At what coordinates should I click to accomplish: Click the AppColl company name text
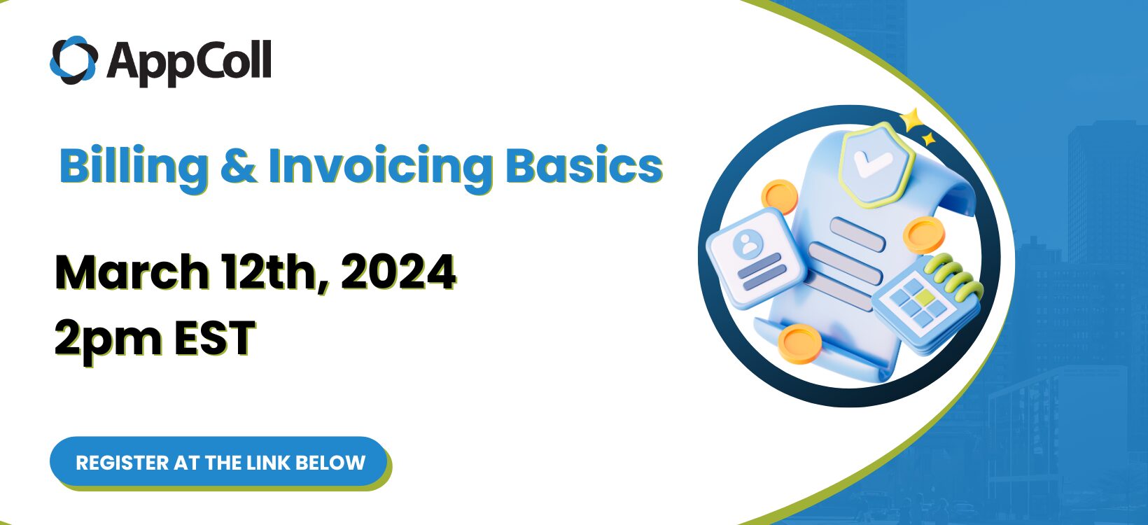pos(189,61)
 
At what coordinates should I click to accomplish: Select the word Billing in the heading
pos(133,167)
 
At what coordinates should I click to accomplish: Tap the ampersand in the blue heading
pos(238,167)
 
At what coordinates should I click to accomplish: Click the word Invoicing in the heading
pos(380,167)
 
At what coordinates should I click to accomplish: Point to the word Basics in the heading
pos(584,167)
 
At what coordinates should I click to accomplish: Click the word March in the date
pos(132,272)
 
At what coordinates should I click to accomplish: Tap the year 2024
pos(398,272)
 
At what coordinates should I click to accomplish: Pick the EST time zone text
pos(214,338)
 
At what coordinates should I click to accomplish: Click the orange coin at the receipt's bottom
pos(799,343)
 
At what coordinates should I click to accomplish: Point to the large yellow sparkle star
pos(912,120)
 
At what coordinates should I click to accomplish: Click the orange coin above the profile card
pos(779,197)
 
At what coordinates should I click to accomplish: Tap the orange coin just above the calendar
pos(923,234)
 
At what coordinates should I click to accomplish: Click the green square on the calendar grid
pos(927,299)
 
